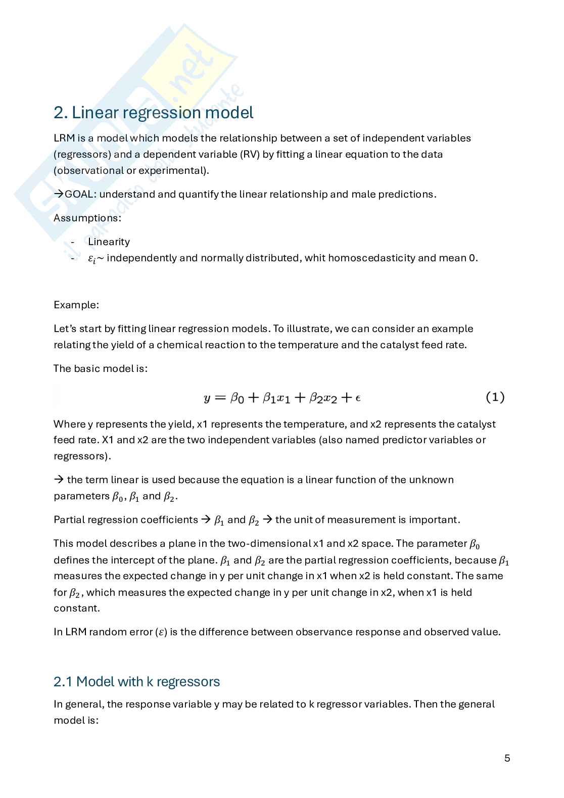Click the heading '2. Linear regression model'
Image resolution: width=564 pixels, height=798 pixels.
[153, 112]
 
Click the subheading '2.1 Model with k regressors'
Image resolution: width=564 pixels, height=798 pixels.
[136, 682]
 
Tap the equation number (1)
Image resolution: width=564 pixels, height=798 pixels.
[495, 397]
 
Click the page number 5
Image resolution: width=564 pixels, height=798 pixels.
[507, 758]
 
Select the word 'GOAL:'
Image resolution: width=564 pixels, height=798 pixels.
[81, 194]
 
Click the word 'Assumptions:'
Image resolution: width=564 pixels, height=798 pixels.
[87, 218]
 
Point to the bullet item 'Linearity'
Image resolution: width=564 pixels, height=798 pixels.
[109, 242]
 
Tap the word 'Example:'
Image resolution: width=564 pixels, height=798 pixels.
[76, 305]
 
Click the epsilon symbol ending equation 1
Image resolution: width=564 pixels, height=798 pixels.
[358, 398]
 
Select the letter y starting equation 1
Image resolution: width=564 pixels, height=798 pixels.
[207, 399]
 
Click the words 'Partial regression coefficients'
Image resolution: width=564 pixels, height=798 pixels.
[126, 520]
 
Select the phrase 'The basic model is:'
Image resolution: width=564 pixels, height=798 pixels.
[100, 368]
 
